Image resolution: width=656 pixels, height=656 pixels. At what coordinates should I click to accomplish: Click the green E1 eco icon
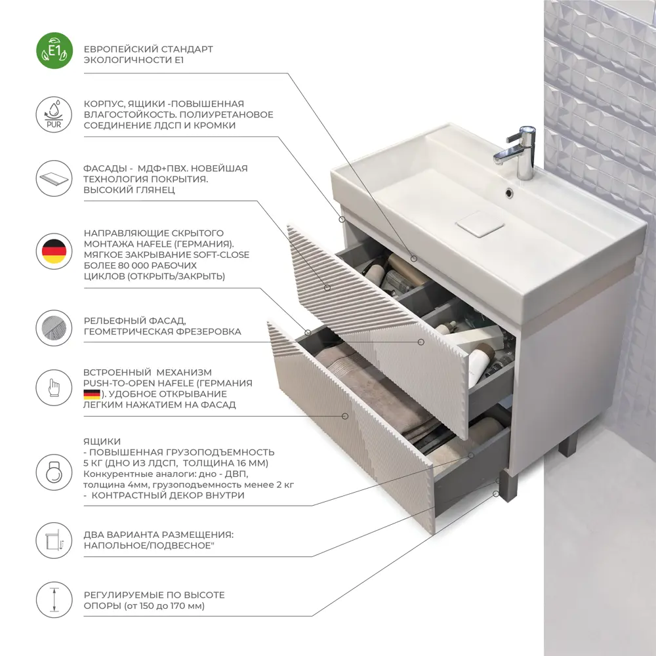(x=54, y=51)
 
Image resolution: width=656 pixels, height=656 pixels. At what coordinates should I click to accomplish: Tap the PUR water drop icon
(x=54, y=114)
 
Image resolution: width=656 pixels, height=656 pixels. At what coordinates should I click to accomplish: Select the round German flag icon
(x=54, y=251)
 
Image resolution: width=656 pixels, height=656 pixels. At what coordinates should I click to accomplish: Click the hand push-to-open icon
(x=54, y=388)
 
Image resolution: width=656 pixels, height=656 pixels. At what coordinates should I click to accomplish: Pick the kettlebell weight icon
(x=54, y=472)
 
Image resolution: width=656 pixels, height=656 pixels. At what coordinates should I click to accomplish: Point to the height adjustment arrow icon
(x=54, y=600)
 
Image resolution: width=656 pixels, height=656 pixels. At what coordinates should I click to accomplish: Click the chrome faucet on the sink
(x=517, y=152)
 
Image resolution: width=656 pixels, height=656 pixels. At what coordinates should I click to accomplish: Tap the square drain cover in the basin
(x=480, y=224)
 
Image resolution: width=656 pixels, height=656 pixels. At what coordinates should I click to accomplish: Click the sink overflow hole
(x=509, y=192)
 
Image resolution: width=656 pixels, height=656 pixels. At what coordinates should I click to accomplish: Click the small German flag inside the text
(x=92, y=394)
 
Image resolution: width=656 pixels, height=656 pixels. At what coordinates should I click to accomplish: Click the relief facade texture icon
(x=54, y=327)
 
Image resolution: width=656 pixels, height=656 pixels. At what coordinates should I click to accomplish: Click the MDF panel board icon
(x=54, y=178)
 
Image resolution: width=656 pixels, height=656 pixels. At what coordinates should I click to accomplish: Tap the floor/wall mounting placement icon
(x=54, y=540)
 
